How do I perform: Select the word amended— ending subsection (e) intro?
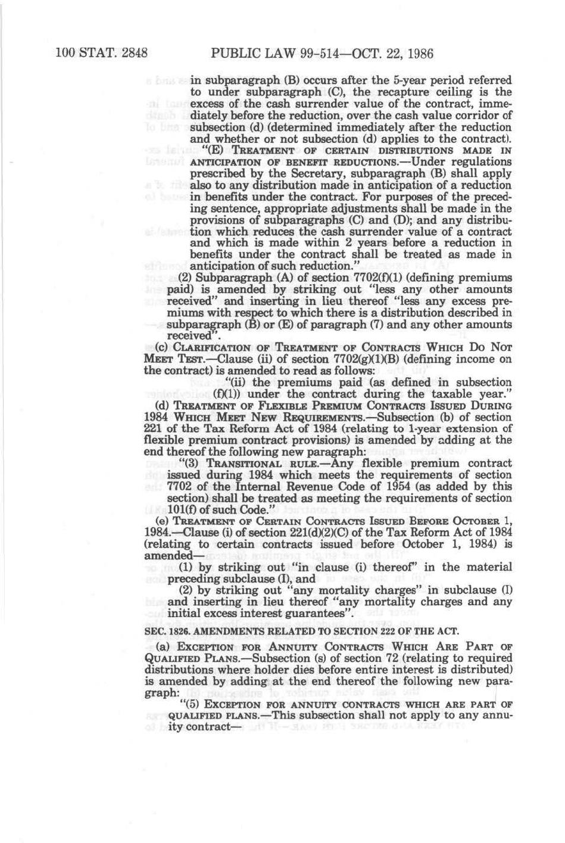tap(170, 555)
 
